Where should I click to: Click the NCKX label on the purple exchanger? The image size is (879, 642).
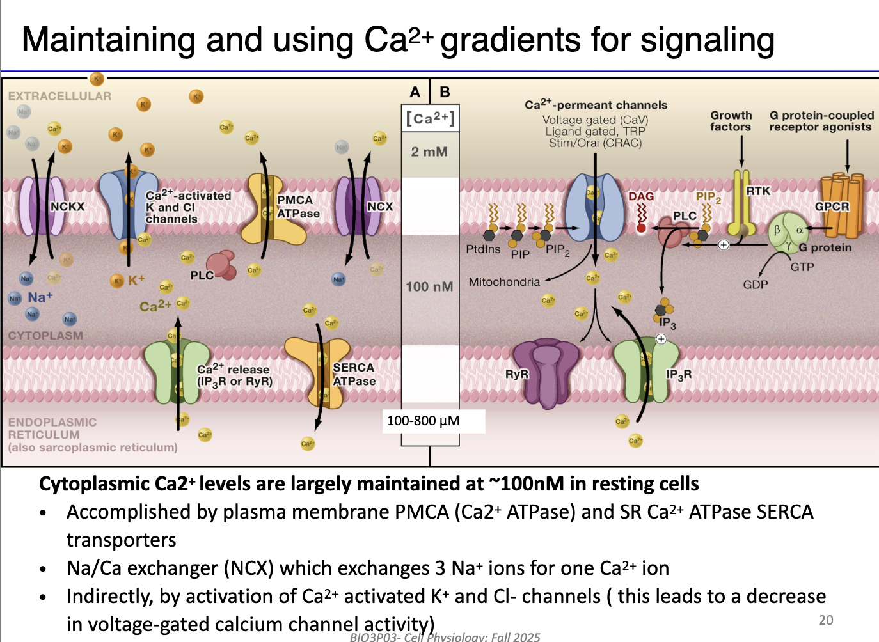(67, 207)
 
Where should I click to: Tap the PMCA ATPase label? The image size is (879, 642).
(297, 207)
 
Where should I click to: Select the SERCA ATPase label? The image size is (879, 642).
(354, 374)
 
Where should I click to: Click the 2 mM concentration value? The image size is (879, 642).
(429, 152)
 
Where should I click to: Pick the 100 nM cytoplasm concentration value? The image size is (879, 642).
(429, 286)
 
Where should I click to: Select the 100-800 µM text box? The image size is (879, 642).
(424, 421)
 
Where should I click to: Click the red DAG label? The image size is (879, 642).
(640, 196)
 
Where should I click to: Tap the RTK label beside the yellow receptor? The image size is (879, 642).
(758, 191)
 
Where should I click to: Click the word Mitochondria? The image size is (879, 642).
(504, 281)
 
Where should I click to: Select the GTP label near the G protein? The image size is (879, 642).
(802, 267)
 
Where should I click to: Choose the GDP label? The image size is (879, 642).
(755, 284)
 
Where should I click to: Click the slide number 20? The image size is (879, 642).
(826, 620)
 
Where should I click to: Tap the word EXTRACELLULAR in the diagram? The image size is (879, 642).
(59, 96)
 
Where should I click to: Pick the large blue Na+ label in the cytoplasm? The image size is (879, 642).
(40, 297)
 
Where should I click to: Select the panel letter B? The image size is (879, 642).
(445, 92)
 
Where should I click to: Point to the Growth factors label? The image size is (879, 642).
(731, 121)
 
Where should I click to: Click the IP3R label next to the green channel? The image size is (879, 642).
(678, 375)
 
